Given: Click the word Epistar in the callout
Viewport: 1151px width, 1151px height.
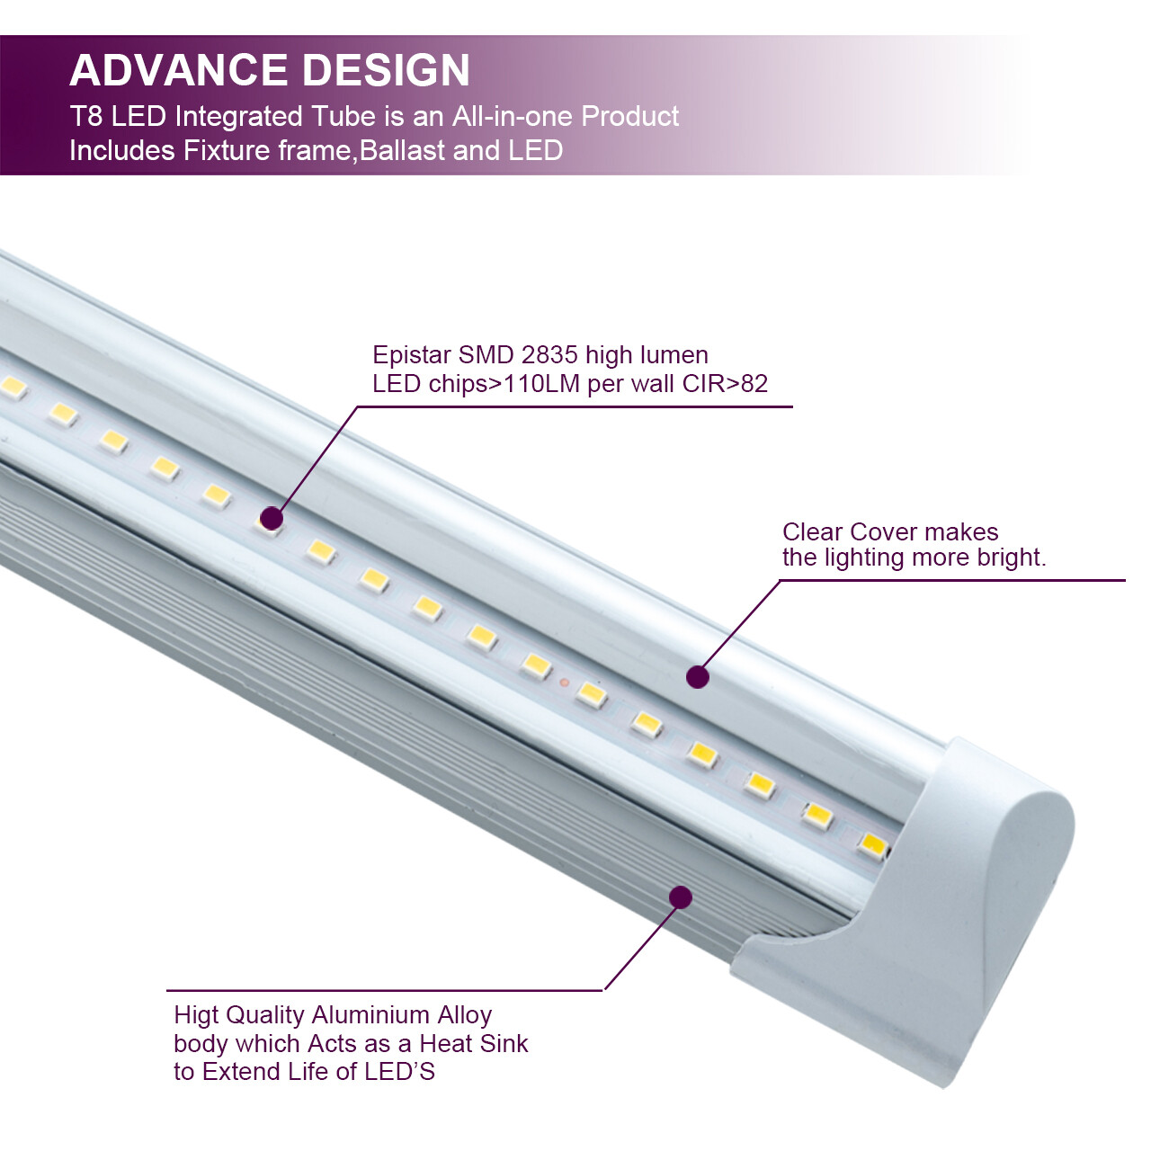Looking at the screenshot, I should point(411,354).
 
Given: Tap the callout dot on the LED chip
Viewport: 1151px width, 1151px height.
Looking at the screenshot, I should point(272,518).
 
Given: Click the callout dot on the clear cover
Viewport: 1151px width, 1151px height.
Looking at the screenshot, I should point(698,677).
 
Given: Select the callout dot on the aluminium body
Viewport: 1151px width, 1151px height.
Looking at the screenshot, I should point(681,897).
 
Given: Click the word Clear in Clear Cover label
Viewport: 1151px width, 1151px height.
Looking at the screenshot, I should point(812,532).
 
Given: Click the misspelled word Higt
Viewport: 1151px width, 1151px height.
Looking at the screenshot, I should point(196,1015).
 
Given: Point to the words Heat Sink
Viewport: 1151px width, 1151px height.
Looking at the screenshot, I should point(474,1044).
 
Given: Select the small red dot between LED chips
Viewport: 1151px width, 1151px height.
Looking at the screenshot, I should point(564,683).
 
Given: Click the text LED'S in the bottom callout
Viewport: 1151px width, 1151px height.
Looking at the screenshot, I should point(399,1072).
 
